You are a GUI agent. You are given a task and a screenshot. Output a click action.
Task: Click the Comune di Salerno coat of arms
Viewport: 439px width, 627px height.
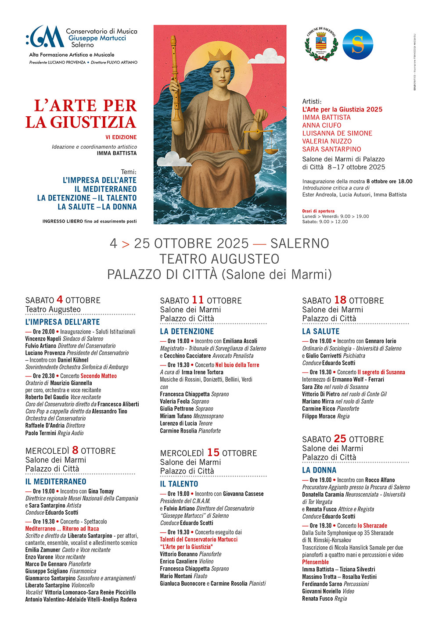(321, 45)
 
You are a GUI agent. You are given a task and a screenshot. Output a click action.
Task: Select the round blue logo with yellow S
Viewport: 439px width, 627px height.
(358, 44)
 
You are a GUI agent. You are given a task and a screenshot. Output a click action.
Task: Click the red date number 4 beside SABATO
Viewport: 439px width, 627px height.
(60, 300)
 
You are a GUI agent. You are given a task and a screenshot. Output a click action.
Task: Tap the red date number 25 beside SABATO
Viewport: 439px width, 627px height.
(340, 439)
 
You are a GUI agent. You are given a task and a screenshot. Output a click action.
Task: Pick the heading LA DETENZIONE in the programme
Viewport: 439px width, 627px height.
(187, 331)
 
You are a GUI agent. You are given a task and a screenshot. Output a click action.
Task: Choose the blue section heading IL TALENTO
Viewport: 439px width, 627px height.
(179, 484)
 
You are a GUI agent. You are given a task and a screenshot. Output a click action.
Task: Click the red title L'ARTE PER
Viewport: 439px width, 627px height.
(86, 106)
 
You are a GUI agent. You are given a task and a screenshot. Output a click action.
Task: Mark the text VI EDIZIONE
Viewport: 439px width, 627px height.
(121, 137)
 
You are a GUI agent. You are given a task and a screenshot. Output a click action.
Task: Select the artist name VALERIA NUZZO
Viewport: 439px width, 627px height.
(327, 141)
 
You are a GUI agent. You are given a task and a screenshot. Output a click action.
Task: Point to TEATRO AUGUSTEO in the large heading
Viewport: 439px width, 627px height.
(219, 259)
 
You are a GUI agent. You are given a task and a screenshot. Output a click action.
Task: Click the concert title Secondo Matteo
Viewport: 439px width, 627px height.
(99, 376)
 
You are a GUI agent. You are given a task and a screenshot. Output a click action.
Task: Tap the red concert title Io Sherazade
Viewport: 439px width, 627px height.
(372, 526)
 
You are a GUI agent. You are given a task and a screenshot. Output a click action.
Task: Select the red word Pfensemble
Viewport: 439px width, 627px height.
(315, 562)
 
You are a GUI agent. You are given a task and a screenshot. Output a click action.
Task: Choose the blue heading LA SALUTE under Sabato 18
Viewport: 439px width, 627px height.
(321, 331)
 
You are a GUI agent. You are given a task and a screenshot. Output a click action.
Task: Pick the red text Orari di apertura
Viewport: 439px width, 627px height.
(318, 211)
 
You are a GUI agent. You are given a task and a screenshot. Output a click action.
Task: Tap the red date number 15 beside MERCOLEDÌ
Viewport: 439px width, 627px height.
(213, 452)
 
